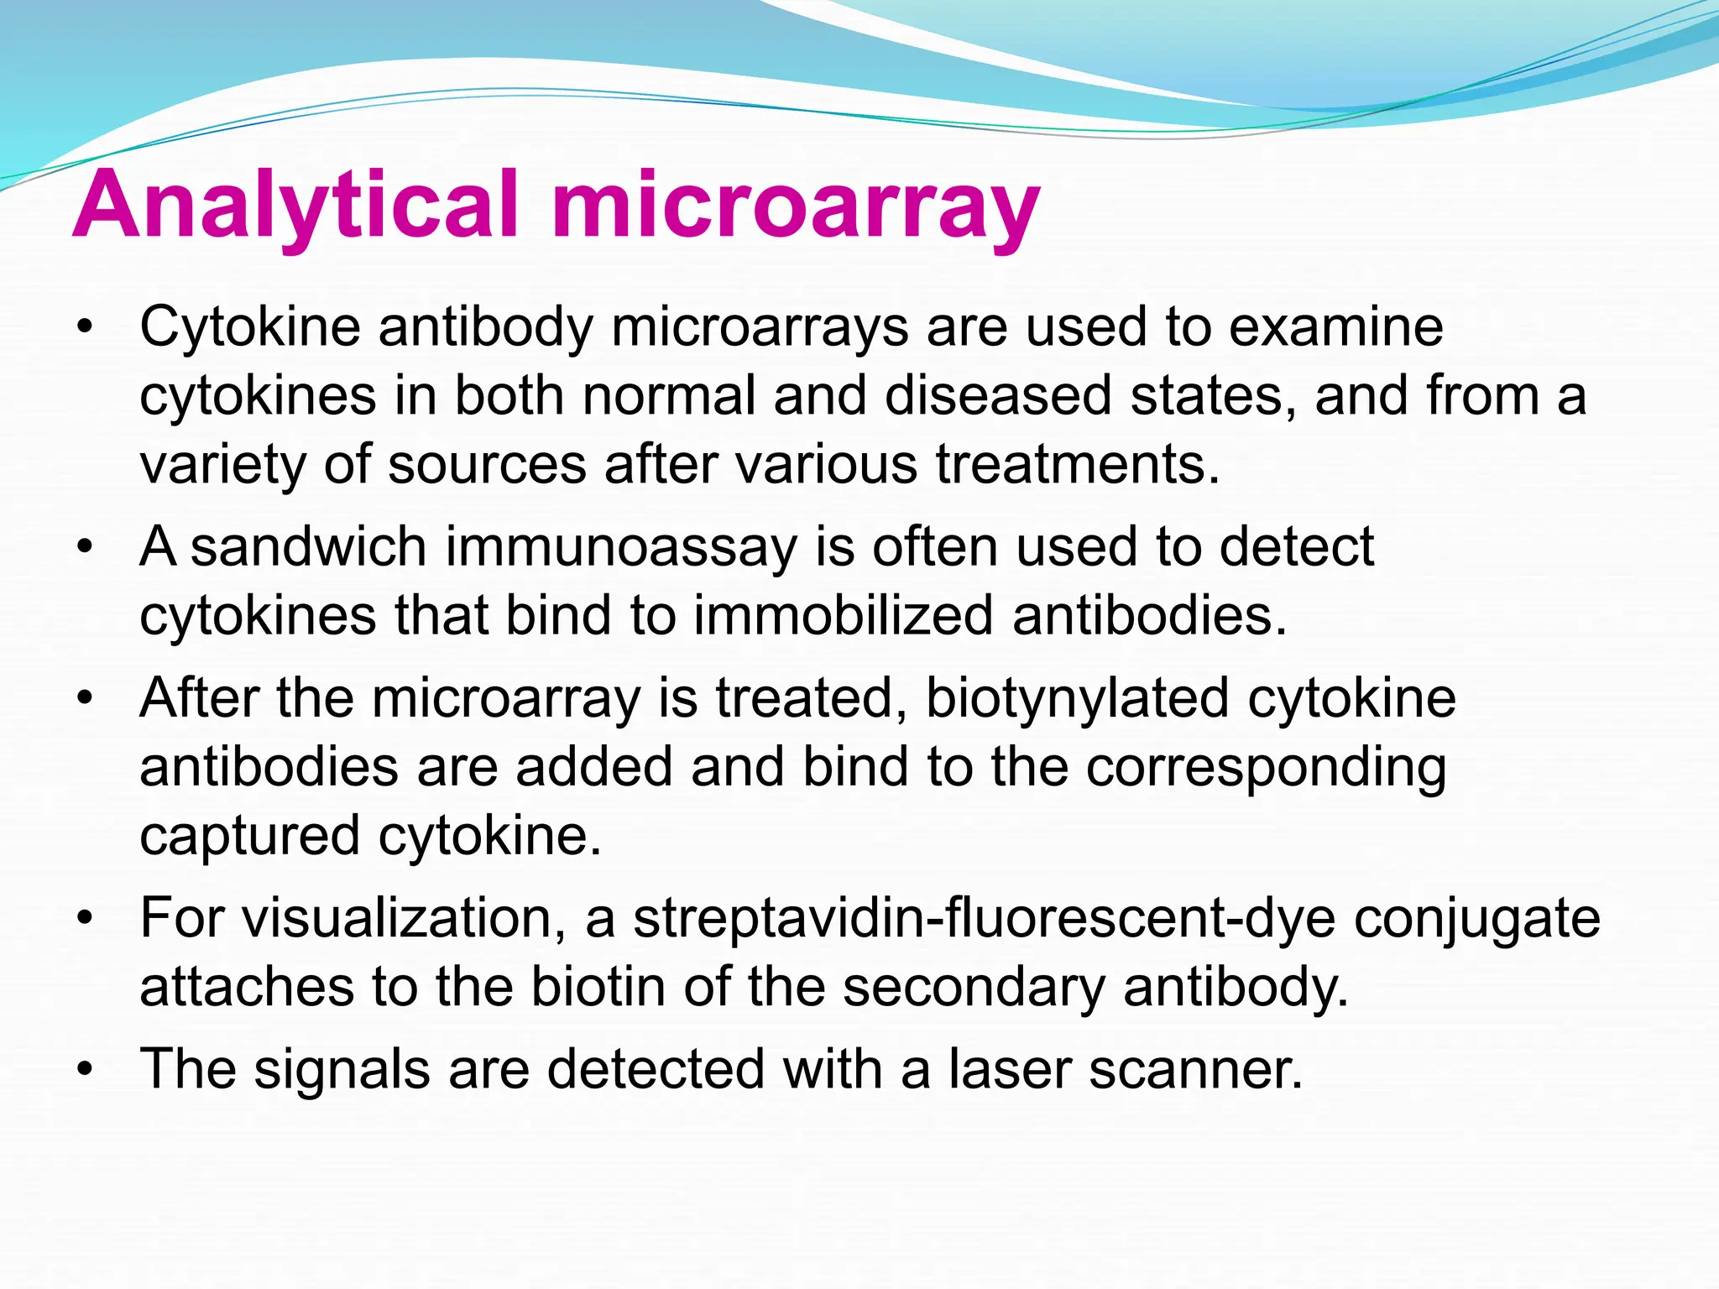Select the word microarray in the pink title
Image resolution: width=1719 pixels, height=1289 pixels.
tap(796, 206)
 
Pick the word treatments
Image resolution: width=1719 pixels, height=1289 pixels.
tap(1078, 464)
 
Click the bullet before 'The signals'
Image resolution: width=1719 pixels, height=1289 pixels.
tap(83, 1070)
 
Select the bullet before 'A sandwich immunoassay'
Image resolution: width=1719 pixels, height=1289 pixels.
tap(83, 548)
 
